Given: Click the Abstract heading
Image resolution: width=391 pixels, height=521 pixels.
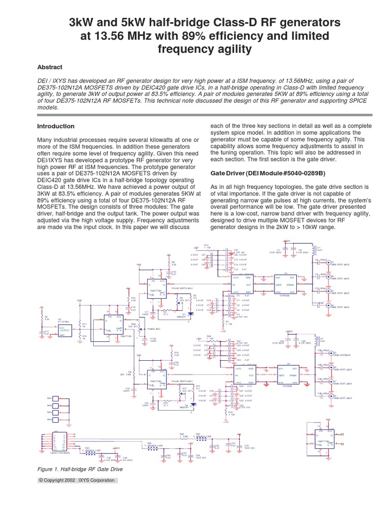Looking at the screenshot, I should [x=50, y=67].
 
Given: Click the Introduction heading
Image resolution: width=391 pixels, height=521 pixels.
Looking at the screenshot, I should [x=56, y=126].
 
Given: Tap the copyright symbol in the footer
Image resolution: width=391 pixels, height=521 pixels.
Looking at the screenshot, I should [x=40, y=480].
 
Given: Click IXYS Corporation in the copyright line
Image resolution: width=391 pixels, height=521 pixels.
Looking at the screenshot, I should [x=97, y=480].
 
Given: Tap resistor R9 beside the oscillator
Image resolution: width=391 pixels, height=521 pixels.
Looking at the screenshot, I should [x=42, y=319].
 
